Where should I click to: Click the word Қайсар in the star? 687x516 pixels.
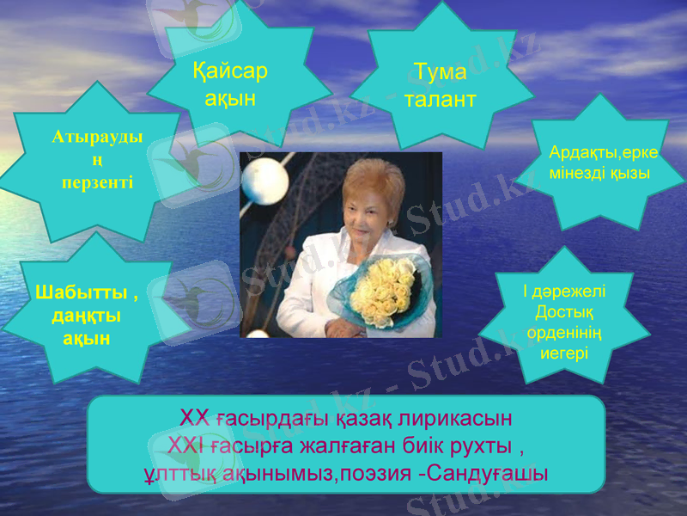click(230, 71)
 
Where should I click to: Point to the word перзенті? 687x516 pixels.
click(97, 182)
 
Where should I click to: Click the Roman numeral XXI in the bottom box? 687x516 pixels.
click(185, 445)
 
